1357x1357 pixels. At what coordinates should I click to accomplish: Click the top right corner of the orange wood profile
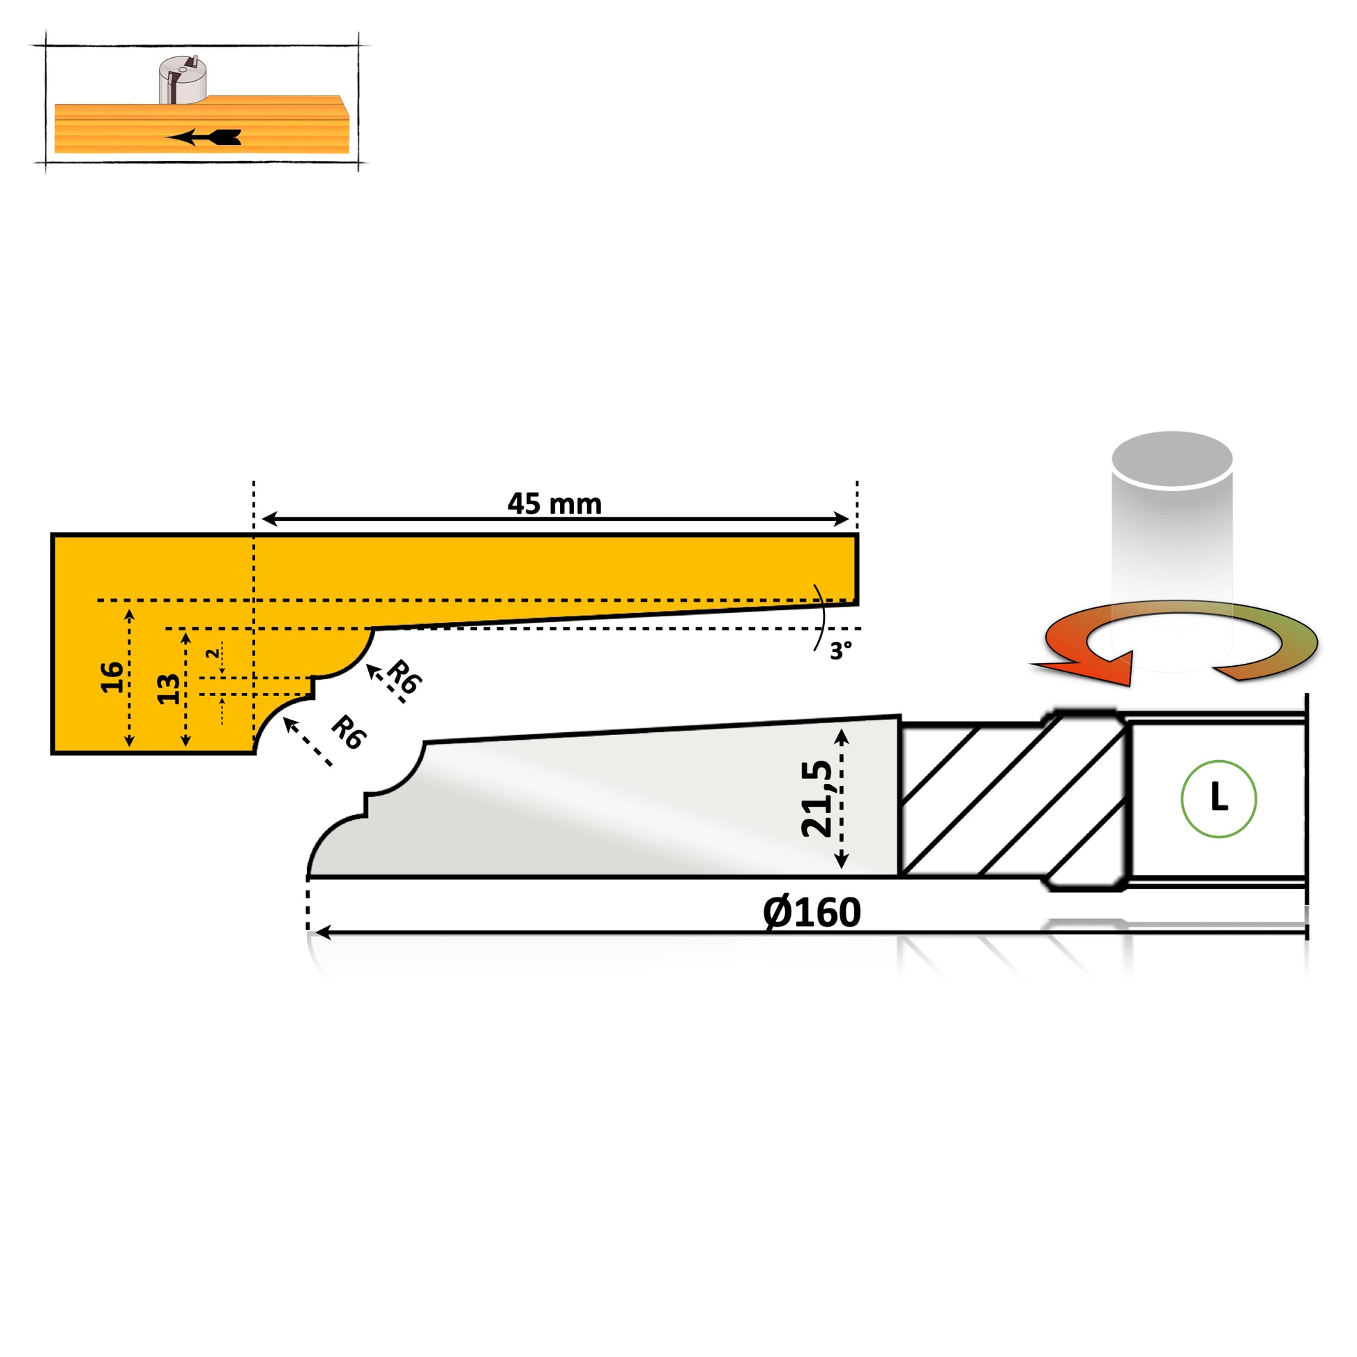point(857,536)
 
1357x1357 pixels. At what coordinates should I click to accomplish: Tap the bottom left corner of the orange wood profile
point(53,753)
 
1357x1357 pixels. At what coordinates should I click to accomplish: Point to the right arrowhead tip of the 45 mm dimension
point(850,519)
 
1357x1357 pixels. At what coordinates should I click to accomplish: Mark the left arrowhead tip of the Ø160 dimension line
point(316,933)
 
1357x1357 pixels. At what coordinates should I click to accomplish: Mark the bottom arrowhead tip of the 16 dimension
point(129,747)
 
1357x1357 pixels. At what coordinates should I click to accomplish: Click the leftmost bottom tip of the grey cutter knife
point(308,877)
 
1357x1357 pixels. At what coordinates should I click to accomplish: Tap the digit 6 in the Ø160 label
point(821,912)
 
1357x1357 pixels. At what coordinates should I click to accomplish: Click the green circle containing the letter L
point(1219,798)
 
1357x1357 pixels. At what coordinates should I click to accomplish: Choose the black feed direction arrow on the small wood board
point(204,137)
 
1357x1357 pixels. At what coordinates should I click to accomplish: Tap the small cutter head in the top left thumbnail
point(182,80)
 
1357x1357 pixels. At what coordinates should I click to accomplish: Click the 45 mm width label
point(554,503)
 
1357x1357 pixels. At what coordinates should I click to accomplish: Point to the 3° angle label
point(841,651)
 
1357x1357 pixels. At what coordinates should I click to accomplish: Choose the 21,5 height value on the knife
point(817,798)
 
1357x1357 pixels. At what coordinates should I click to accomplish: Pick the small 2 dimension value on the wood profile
point(211,653)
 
